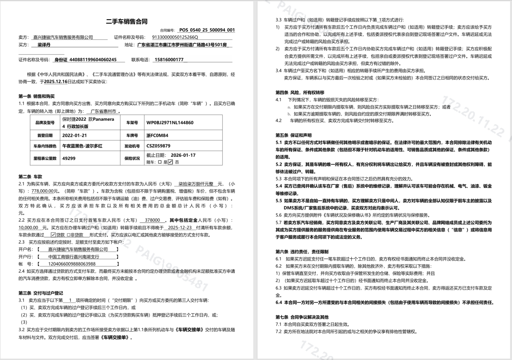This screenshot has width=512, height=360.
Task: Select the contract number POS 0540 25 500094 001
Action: [x=207, y=30]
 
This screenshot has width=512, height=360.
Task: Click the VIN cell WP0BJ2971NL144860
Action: [x=170, y=123]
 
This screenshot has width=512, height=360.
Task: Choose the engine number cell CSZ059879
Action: [x=158, y=146]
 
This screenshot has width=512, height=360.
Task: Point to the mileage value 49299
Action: [x=69, y=158]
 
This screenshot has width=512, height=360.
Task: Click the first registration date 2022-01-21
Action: [x=74, y=135]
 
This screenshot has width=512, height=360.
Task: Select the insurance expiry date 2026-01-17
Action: [x=183, y=155]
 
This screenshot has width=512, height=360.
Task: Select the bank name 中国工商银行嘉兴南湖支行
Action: [x=74, y=257]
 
